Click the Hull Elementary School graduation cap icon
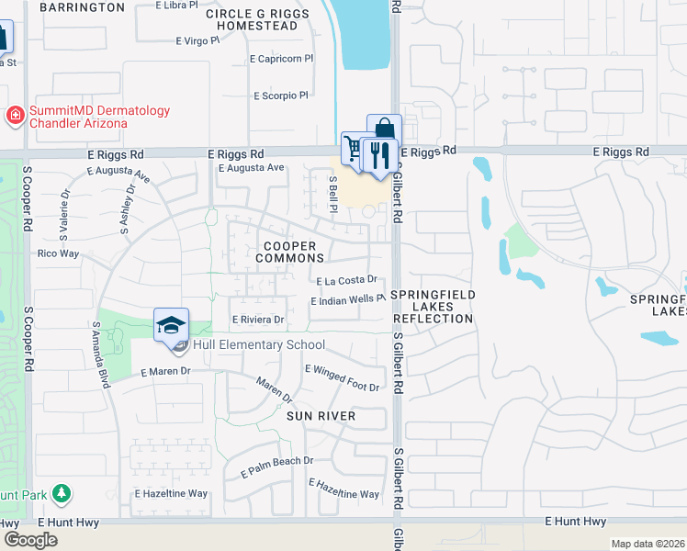pyautogui.click(x=172, y=325)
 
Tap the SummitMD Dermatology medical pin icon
pyautogui.click(x=15, y=116)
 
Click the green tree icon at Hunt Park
pyautogui.click(x=62, y=494)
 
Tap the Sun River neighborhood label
pyautogui.click(x=321, y=416)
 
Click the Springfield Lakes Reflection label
pyautogui.click(x=433, y=306)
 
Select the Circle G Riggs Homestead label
pyautogui.click(x=252, y=20)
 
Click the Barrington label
pyautogui.click(x=81, y=7)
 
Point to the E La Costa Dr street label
pyautogui.click(x=347, y=280)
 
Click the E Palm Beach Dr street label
pyautogui.click(x=277, y=467)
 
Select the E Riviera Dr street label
pyautogui.click(x=258, y=320)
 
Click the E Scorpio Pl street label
pyautogui.click(x=280, y=96)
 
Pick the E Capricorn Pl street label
pyautogui.click(x=282, y=58)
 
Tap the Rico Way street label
pyautogui.click(x=58, y=253)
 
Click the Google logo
pyautogui.click(x=31, y=541)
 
